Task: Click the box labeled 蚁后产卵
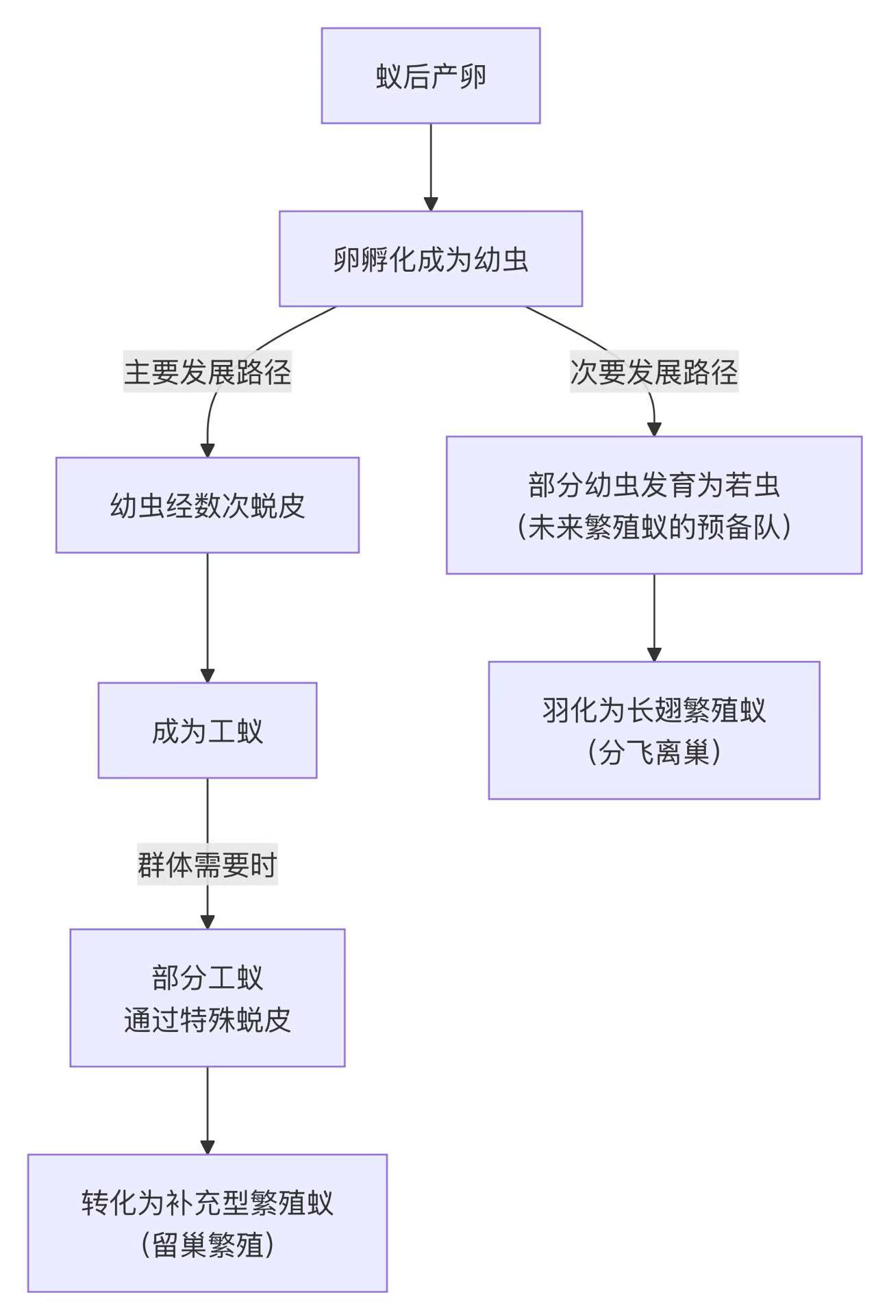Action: coord(430,76)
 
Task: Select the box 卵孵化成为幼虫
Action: coord(430,259)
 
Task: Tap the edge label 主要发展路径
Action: coord(208,372)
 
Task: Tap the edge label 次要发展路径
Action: coord(653,372)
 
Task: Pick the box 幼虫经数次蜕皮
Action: coord(208,505)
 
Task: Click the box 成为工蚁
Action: coord(208,731)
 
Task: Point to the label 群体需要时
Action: coord(208,864)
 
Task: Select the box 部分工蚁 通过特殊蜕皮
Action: coord(208,998)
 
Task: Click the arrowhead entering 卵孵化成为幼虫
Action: coord(430,203)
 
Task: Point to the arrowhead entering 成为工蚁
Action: coord(208,675)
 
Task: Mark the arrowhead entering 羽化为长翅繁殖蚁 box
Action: coord(653,654)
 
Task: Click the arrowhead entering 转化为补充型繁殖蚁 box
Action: coord(208,1146)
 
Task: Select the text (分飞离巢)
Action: coord(653,752)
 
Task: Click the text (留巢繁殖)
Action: coord(208,1245)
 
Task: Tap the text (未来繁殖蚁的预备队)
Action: coord(653,527)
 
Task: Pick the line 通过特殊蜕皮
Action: coord(208,1020)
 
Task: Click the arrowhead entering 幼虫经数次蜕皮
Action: coord(208,450)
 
